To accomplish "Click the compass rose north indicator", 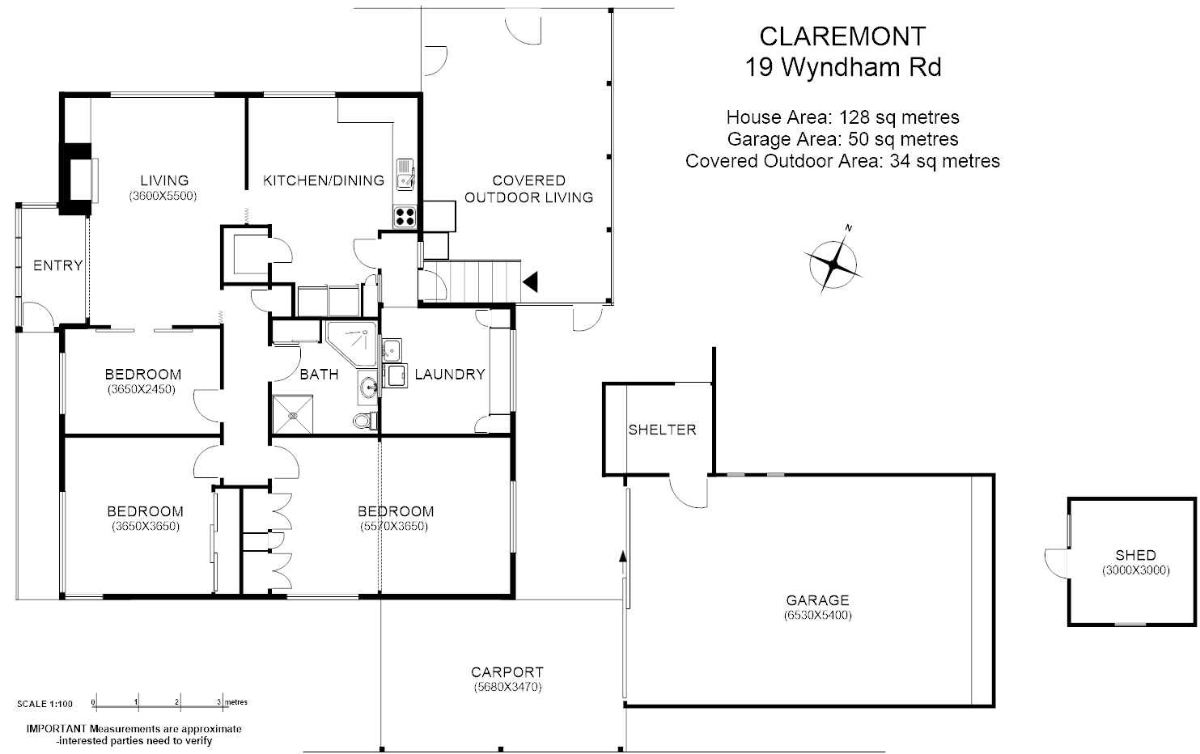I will (833, 261).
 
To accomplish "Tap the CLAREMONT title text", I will (842, 36).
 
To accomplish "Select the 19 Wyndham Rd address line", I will (842, 67).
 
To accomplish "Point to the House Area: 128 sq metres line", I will (842, 117).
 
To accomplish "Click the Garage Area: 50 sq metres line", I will (842, 139).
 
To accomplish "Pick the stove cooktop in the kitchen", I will (405, 216).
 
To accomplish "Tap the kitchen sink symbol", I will (405, 173).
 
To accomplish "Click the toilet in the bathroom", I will (365, 421).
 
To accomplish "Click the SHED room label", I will (1135, 555).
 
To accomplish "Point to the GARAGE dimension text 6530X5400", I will (817, 615).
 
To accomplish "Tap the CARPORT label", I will (507, 672).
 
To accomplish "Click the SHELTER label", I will (662, 430).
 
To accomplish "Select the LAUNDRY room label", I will (449, 374).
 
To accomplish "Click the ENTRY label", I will (57, 265).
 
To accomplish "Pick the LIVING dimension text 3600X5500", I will (163, 196).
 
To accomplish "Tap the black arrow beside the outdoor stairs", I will (531, 282).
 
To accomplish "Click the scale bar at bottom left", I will (157, 702).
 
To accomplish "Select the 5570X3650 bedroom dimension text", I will (394, 526).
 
